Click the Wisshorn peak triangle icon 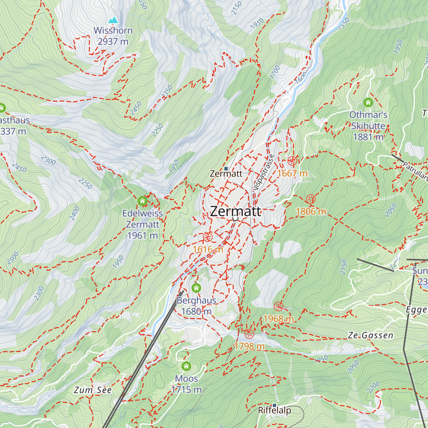coord(113,20)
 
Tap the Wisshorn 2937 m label coord(113,36)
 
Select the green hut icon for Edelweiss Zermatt coord(143,201)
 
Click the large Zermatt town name coord(235,211)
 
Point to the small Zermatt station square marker coord(226,169)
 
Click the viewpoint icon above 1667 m coord(292,161)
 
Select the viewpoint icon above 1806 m coord(311,199)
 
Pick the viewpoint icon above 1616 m coord(208,237)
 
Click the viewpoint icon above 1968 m coord(278,306)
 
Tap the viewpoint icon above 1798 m coord(249,334)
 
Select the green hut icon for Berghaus coord(196,288)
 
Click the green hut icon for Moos coord(186,366)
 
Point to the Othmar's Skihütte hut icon coord(368,103)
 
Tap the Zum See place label coord(93,390)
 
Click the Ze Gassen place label coord(371,335)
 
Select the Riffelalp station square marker coord(274,405)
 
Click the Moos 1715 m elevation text coord(187,390)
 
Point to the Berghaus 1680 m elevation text coord(196,311)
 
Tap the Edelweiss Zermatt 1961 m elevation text coord(143,235)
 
